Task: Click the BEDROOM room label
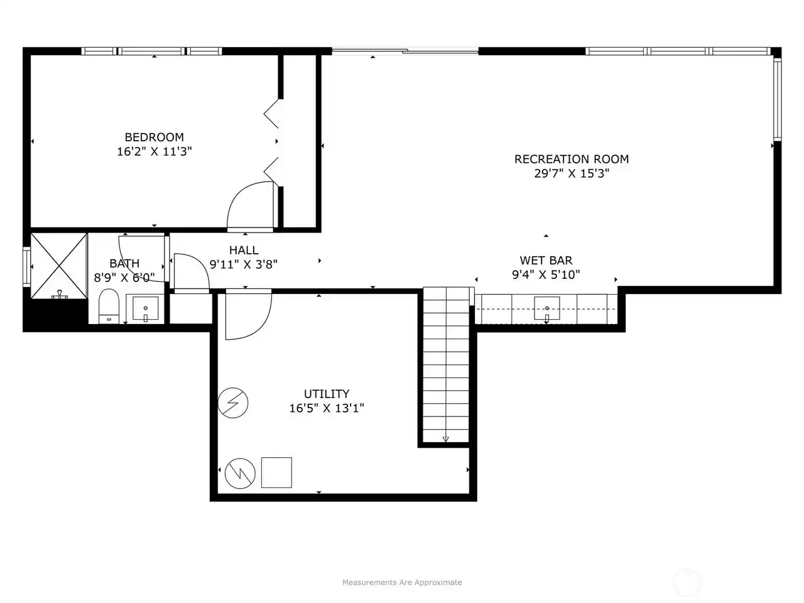click(155, 138)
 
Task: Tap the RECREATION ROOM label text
click(572, 160)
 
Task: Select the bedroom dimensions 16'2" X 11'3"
click(155, 151)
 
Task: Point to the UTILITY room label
click(327, 394)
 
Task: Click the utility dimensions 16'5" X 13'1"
click(327, 408)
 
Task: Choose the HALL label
click(244, 251)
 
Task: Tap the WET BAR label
click(546, 261)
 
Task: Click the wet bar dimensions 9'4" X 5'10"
click(546, 274)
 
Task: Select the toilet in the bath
click(109, 306)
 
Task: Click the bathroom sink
click(146, 308)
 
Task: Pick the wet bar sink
click(547, 308)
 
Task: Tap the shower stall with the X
click(59, 266)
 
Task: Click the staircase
click(446, 365)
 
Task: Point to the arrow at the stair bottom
click(446, 439)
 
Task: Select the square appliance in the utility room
click(276, 472)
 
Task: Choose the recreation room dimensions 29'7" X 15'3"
click(572, 173)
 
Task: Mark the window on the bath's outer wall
click(26, 267)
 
